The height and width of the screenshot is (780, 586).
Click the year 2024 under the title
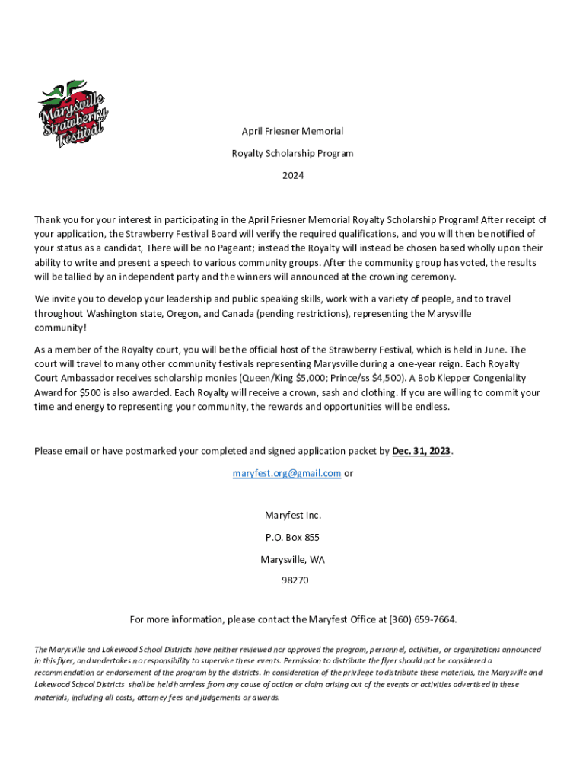293,176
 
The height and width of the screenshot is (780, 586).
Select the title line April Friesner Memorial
293,131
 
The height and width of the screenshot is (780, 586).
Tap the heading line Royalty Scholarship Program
293,153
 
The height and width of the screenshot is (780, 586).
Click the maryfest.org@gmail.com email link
286,473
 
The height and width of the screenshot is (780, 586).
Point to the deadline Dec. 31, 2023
422,451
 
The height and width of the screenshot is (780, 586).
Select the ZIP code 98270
293,580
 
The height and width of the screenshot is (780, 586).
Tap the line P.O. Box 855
293,537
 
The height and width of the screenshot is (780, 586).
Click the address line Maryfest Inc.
293,516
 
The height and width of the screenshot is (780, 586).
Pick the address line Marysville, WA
293,559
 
